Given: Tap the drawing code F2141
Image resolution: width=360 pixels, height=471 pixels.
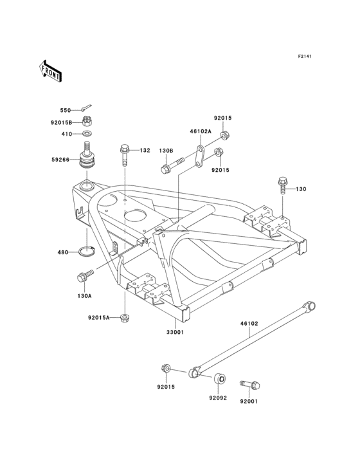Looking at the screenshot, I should pos(304,57).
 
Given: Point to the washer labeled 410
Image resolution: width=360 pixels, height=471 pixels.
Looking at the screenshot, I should pos(85,134).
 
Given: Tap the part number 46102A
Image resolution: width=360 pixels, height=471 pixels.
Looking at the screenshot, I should pos(183,131).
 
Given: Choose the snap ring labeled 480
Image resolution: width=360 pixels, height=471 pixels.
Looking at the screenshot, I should pos(89,251).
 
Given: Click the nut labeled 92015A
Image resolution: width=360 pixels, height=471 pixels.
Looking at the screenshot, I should pos(125,317).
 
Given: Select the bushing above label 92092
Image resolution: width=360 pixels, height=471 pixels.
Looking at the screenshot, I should pos(219,380).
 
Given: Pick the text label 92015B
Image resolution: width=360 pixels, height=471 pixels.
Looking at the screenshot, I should pos(62,121).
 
